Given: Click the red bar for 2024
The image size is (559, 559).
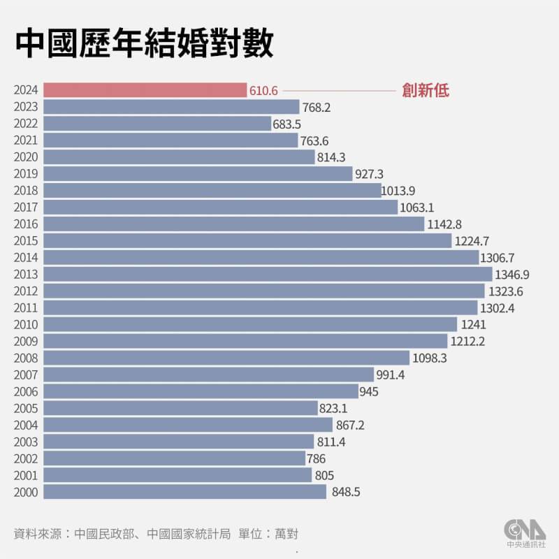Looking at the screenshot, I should point(145,90).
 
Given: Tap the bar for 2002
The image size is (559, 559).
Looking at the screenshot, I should point(174,458).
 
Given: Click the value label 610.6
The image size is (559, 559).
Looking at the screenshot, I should point(263,91).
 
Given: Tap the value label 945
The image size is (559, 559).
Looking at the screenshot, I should point(369,392).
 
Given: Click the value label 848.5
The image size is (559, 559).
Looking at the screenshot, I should point(347,493).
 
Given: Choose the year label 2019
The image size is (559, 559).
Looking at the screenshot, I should point(25,174).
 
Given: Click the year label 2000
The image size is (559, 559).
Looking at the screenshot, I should point(25,493).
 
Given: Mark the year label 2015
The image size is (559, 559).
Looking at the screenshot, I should point(25,241).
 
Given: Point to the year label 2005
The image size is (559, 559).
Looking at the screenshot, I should point(25,409).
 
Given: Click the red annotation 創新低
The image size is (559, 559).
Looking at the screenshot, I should point(425,90).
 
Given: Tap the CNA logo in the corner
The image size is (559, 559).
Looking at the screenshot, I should point(525,531).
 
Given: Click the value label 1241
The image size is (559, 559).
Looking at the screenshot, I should point(473,325).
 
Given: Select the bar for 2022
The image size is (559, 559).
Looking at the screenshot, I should point(157,124).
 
